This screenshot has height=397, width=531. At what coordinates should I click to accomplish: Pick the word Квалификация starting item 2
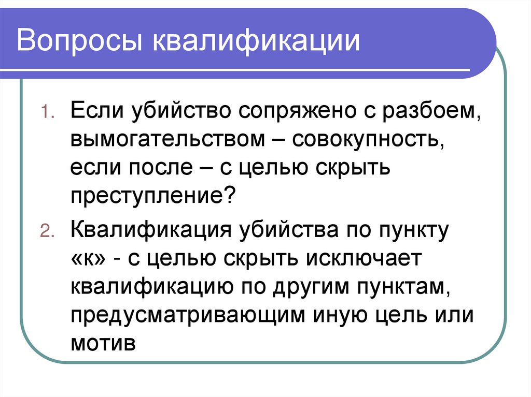[151, 230]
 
